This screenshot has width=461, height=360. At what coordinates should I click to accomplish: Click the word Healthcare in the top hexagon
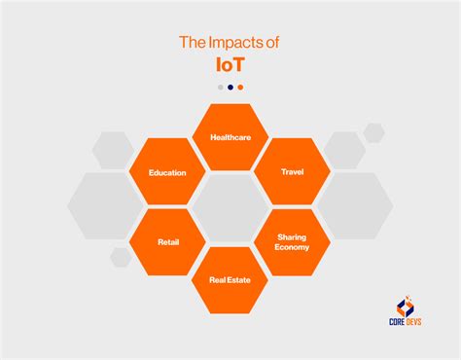pyautogui.click(x=230, y=138)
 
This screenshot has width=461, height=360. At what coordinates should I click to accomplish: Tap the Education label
pyautogui.click(x=167, y=173)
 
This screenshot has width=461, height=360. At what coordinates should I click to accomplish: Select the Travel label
pyautogui.click(x=293, y=172)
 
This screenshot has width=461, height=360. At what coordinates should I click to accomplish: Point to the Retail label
pyautogui.click(x=167, y=241)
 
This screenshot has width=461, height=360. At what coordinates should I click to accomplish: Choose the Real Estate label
pyautogui.click(x=230, y=280)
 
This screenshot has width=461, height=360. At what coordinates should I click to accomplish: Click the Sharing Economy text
pyautogui.click(x=293, y=241)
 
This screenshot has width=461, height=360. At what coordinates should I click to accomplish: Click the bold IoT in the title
pyautogui.click(x=230, y=65)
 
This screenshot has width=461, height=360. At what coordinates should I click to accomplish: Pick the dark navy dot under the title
pyautogui.click(x=230, y=87)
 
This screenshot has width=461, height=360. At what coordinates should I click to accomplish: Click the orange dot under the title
pyautogui.click(x=240, y=87)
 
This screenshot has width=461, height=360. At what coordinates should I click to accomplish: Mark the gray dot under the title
pyautogui.click(x=221, y=87)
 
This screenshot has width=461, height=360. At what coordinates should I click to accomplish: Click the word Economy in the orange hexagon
pyautogui.click(x=293, y=247)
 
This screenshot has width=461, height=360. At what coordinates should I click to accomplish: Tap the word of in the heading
pyautogui.click(x=271, y=43)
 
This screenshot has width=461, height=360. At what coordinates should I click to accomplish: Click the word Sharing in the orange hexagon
pyautogui.click(x=293, y=236)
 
